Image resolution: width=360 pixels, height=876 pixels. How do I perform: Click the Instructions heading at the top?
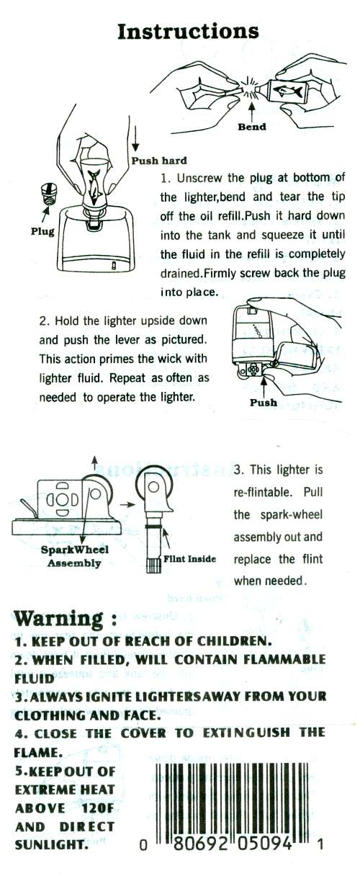188,32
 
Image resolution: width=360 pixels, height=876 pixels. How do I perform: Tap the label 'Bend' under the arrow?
252,127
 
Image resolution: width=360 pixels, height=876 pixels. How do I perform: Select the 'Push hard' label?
159,161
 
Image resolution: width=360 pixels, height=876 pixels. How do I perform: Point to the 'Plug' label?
42,231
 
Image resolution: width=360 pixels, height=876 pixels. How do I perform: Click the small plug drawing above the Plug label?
48,195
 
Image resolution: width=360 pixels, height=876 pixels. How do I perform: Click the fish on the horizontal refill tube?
288,91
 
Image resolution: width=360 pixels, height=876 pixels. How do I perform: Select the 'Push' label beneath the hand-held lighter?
264,403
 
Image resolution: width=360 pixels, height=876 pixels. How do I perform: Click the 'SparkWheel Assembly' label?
75,556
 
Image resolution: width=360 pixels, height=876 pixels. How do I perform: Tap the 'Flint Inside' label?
189,559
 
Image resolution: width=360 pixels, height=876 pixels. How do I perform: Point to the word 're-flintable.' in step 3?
263,491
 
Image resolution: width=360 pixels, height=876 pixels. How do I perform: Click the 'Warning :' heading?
66,619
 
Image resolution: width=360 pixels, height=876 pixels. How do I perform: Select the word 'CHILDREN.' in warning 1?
233,641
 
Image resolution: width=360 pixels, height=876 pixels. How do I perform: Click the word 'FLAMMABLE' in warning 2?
284,659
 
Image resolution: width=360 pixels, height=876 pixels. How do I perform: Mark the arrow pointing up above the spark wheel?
94,464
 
